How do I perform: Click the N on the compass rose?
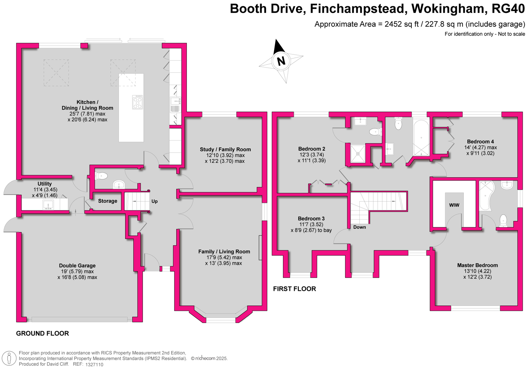point(281,61)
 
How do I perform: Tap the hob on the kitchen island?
point(138,102)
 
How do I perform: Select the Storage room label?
point(107,201)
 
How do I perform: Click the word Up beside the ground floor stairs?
point(154,201)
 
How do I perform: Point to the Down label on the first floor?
point(359,227)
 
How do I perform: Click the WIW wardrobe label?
point(454,205)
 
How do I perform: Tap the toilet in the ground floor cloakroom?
point(101,176)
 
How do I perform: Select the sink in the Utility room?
point(48,205)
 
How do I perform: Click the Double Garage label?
point(77,266)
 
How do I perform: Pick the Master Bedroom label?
point(477,265)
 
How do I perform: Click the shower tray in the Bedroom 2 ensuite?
point(358,154)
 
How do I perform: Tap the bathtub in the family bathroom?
point(421,138)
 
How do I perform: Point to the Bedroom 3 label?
point(311,219)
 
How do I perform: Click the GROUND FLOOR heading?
point(42,333)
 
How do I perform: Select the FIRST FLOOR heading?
point(294,289)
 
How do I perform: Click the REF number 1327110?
point(94,364)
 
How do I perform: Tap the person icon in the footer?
point(9,358)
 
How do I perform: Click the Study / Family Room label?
point(225,149)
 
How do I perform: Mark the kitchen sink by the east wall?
point(175,101)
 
